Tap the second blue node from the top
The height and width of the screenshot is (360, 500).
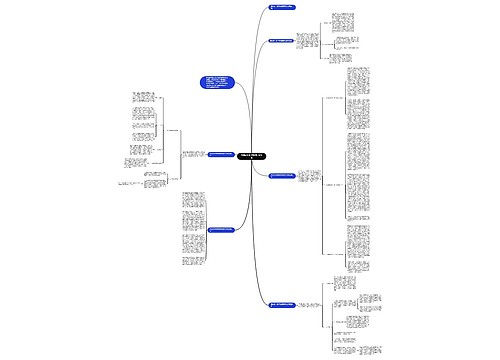(287, 41)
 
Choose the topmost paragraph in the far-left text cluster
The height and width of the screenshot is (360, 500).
(142, 101)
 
